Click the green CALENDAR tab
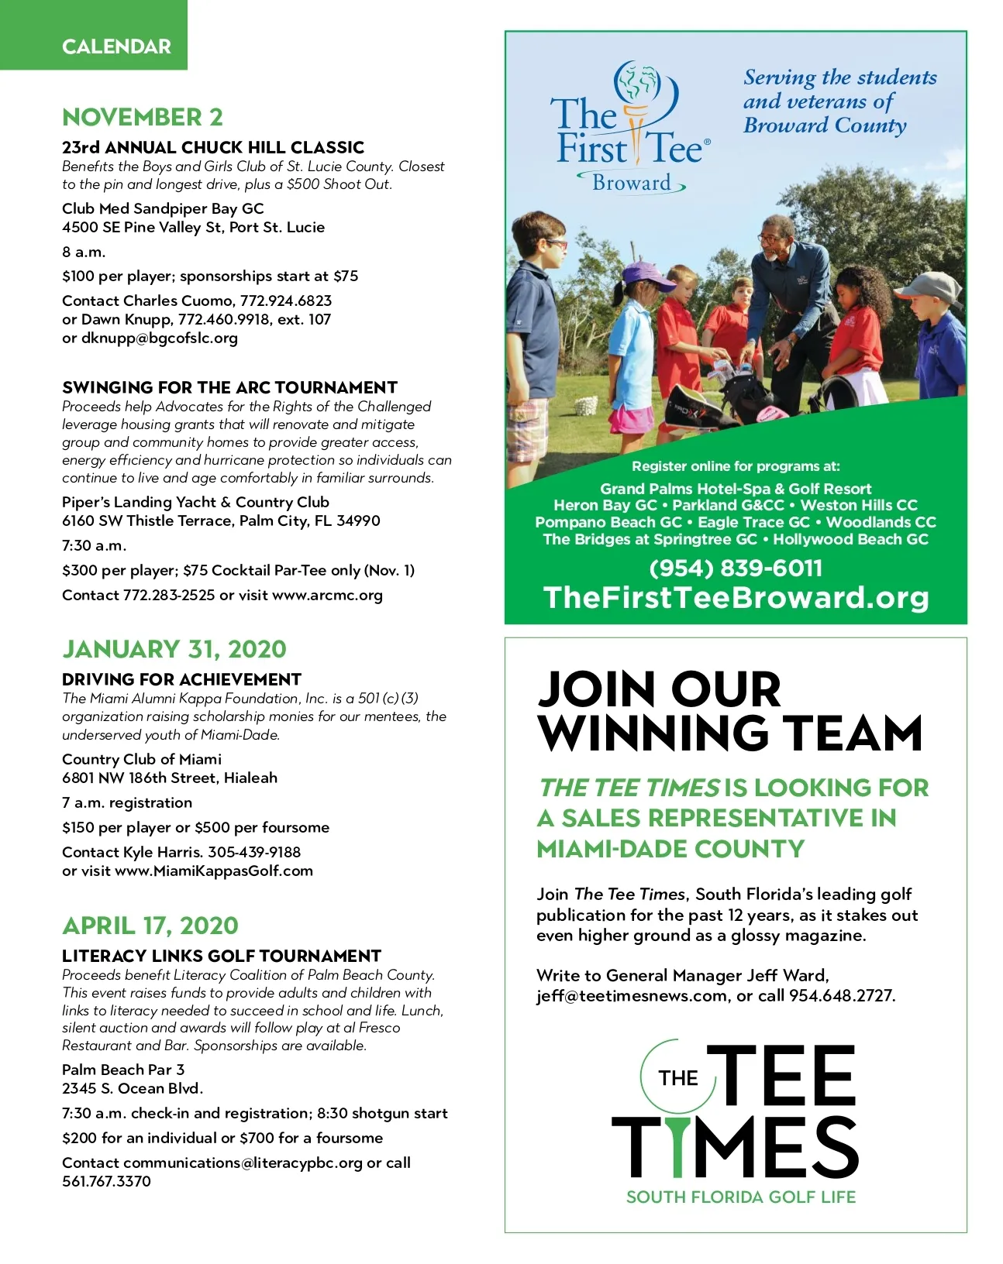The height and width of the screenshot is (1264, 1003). coord(116,46)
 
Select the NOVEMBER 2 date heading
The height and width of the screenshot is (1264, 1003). coord(143,117)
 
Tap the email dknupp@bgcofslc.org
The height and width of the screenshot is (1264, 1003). coord(159,338)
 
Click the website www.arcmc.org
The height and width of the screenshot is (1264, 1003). coord(327,596)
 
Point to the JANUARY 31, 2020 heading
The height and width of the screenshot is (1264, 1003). coord(174,649)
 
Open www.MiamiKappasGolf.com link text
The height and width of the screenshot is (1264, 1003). coord(214,871)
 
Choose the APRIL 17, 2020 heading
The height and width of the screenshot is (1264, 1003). coord(150,926)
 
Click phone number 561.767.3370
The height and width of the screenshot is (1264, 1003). coord(106,1182)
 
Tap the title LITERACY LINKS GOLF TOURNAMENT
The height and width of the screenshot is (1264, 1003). coord(222,956)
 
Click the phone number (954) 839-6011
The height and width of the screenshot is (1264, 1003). coord(736,568)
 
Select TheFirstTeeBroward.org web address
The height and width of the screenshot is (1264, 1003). coord(736,598)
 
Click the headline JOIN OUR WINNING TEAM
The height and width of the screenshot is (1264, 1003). coord(729,711)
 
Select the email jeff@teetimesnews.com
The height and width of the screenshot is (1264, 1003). coord(632,996)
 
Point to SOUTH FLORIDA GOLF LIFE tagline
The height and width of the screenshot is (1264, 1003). coord(741,1197)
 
